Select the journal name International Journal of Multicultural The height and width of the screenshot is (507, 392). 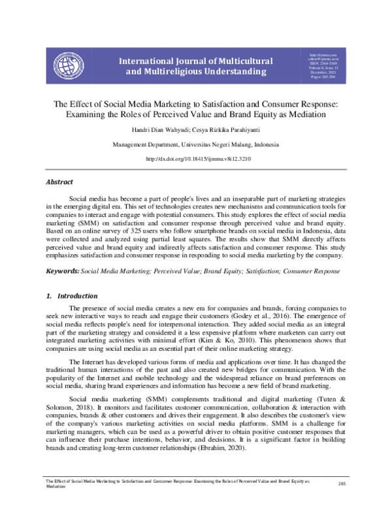(195, 61)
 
